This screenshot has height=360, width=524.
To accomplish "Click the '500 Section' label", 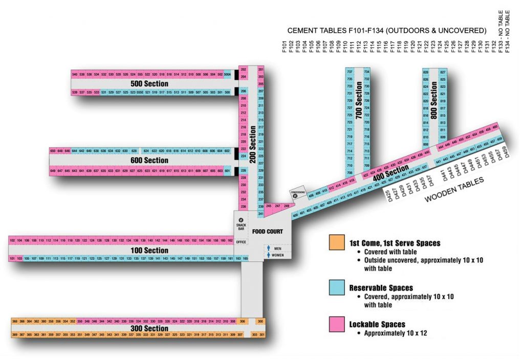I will pyautogui.click(x=149, y=83).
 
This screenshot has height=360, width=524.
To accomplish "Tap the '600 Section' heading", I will pyautogui.click(x=149, y=161).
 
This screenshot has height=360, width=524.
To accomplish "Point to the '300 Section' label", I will pyautogui.click(x=149, y=328).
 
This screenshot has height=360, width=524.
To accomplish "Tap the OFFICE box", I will pyautogui.click(x=241, y=242).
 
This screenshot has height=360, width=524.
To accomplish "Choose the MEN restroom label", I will pyautogui.click(x=277, y=249).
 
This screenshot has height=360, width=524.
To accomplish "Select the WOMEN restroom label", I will pyautogui.click(x=277, y=255).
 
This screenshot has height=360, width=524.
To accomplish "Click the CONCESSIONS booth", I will pyautogui.click(x=297, y=193).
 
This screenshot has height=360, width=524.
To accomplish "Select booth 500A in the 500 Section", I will pyautogui.click(x=228, y=75).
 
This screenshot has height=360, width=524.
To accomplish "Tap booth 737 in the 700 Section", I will pyautogui.click(x=350, y=72).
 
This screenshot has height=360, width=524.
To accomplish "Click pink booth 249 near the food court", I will pyautogui.click(x=287, y=206).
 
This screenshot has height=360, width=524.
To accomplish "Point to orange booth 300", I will pyautogui.click(x=260, y=322).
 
